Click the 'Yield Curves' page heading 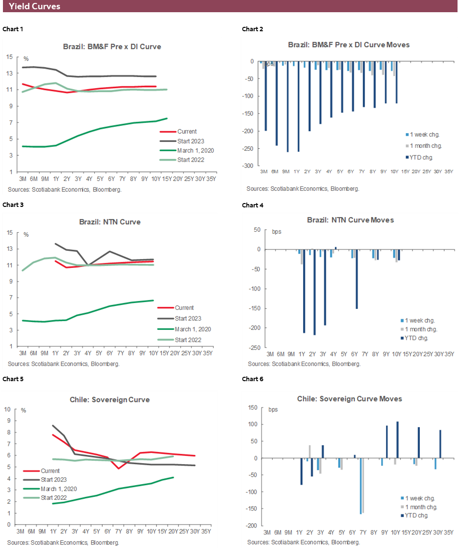35,6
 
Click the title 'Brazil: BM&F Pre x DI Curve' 112,47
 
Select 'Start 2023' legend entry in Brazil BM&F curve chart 186,141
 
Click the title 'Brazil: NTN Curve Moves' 350,220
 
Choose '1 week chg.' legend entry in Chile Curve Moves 421,498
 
